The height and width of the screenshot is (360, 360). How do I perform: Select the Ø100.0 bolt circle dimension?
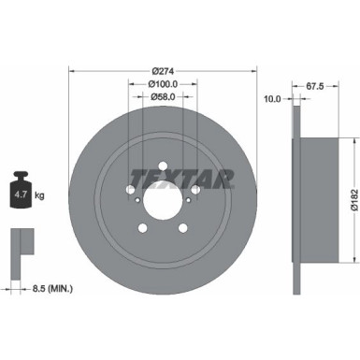[164, 83]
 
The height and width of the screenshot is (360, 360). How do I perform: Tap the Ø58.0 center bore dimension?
[164, 96]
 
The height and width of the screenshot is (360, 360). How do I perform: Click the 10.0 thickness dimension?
[273, 97]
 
